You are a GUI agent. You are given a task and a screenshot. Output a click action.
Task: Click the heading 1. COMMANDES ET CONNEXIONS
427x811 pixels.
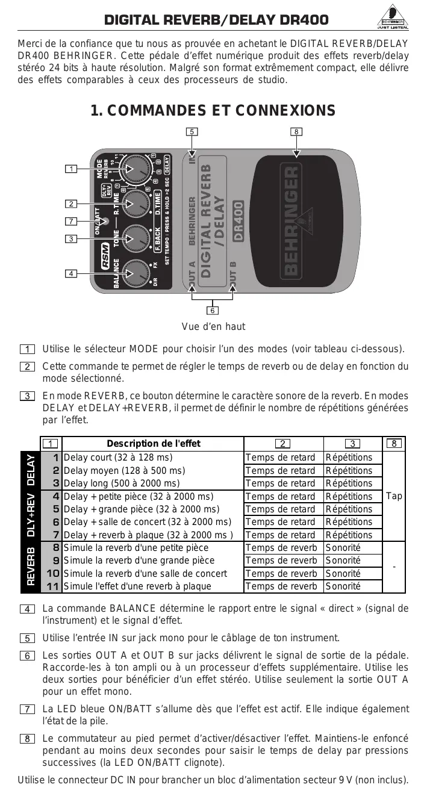(x=213, y=111)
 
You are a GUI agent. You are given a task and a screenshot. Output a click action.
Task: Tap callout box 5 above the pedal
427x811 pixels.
(x=191, y=131)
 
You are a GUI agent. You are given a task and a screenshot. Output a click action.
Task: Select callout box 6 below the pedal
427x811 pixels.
(x=213, y=311)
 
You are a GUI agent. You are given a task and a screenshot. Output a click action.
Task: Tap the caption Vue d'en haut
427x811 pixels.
(x=213, y=327)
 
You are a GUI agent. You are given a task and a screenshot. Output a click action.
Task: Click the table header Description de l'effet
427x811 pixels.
(x=154, y=444)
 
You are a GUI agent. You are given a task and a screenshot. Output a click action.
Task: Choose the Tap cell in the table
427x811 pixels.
(x=394, y=496)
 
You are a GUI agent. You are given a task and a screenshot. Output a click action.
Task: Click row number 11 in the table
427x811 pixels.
(x=52, y=586)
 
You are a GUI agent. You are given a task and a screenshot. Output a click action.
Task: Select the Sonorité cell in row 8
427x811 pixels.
(x=343, y=548)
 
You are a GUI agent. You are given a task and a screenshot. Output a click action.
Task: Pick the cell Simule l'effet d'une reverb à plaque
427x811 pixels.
(x=137, y=586)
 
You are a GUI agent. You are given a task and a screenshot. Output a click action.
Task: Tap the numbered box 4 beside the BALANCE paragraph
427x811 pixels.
(x=26, y=609)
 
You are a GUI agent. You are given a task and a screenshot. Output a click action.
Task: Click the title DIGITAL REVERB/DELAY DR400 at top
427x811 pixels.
(x=217, y=20)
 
